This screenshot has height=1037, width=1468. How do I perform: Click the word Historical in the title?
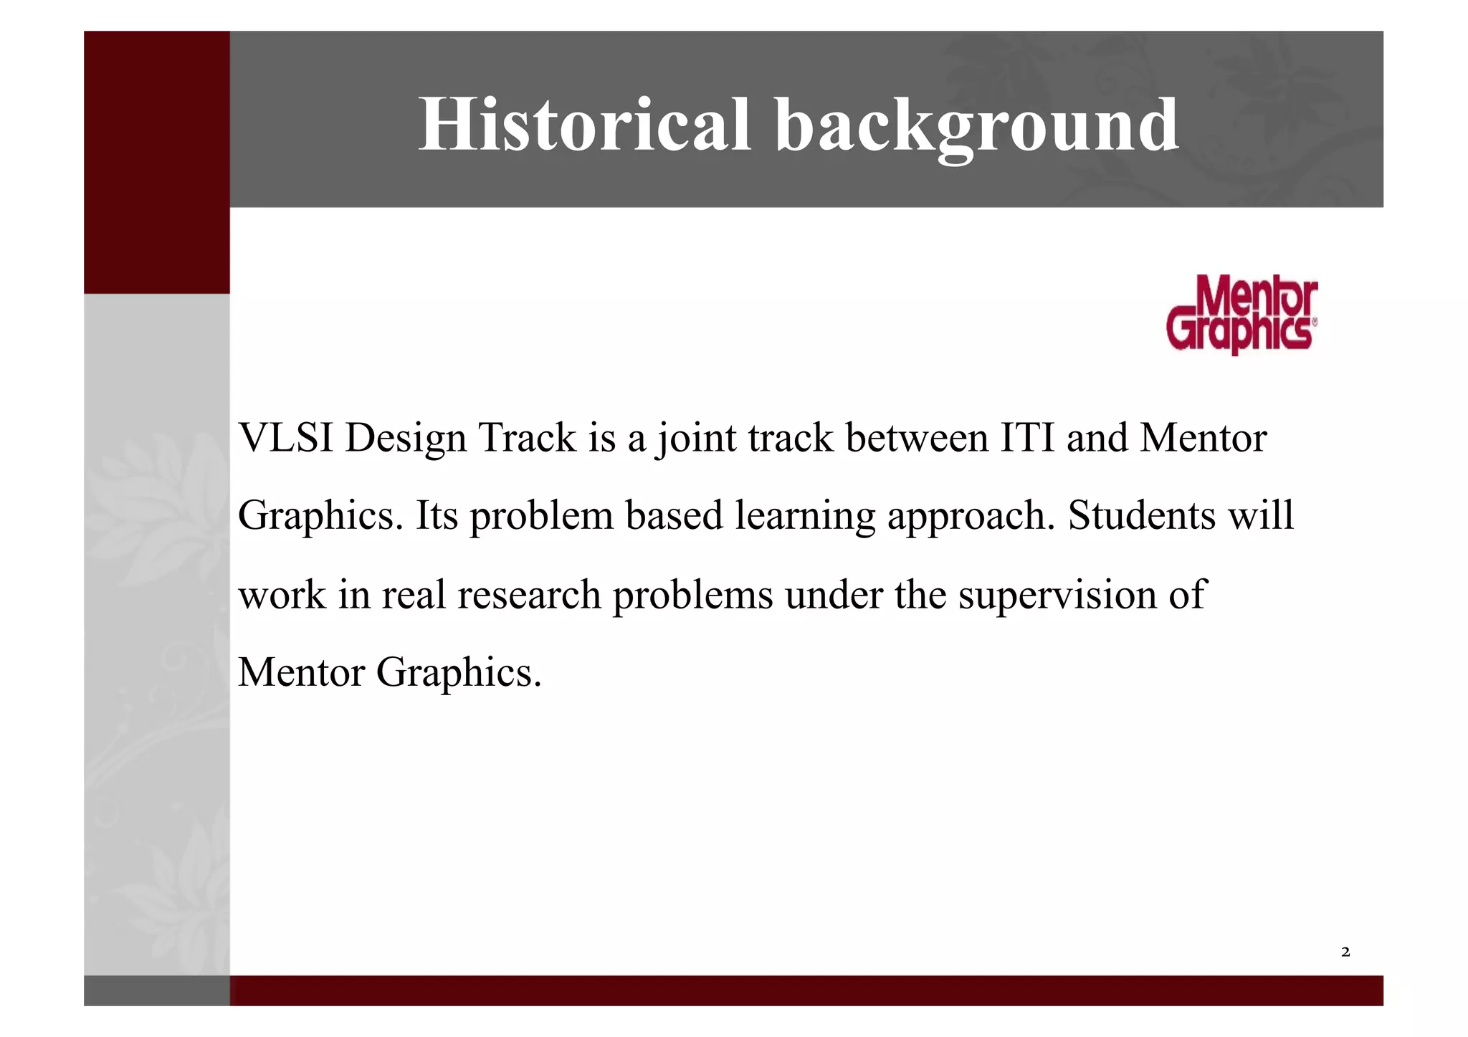[584, 125]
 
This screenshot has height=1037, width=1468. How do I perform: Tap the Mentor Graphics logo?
[1241, 315]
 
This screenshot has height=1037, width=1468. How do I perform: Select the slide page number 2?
[1345, 952]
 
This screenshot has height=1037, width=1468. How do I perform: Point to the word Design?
[405, 439]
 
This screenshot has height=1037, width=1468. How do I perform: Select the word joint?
[697, 439]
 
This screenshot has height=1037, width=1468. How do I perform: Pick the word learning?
[805, 517]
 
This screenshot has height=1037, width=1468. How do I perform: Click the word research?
[529, 595]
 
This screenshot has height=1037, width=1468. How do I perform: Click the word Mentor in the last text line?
[301, 672]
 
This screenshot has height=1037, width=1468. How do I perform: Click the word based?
[674, 515]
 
